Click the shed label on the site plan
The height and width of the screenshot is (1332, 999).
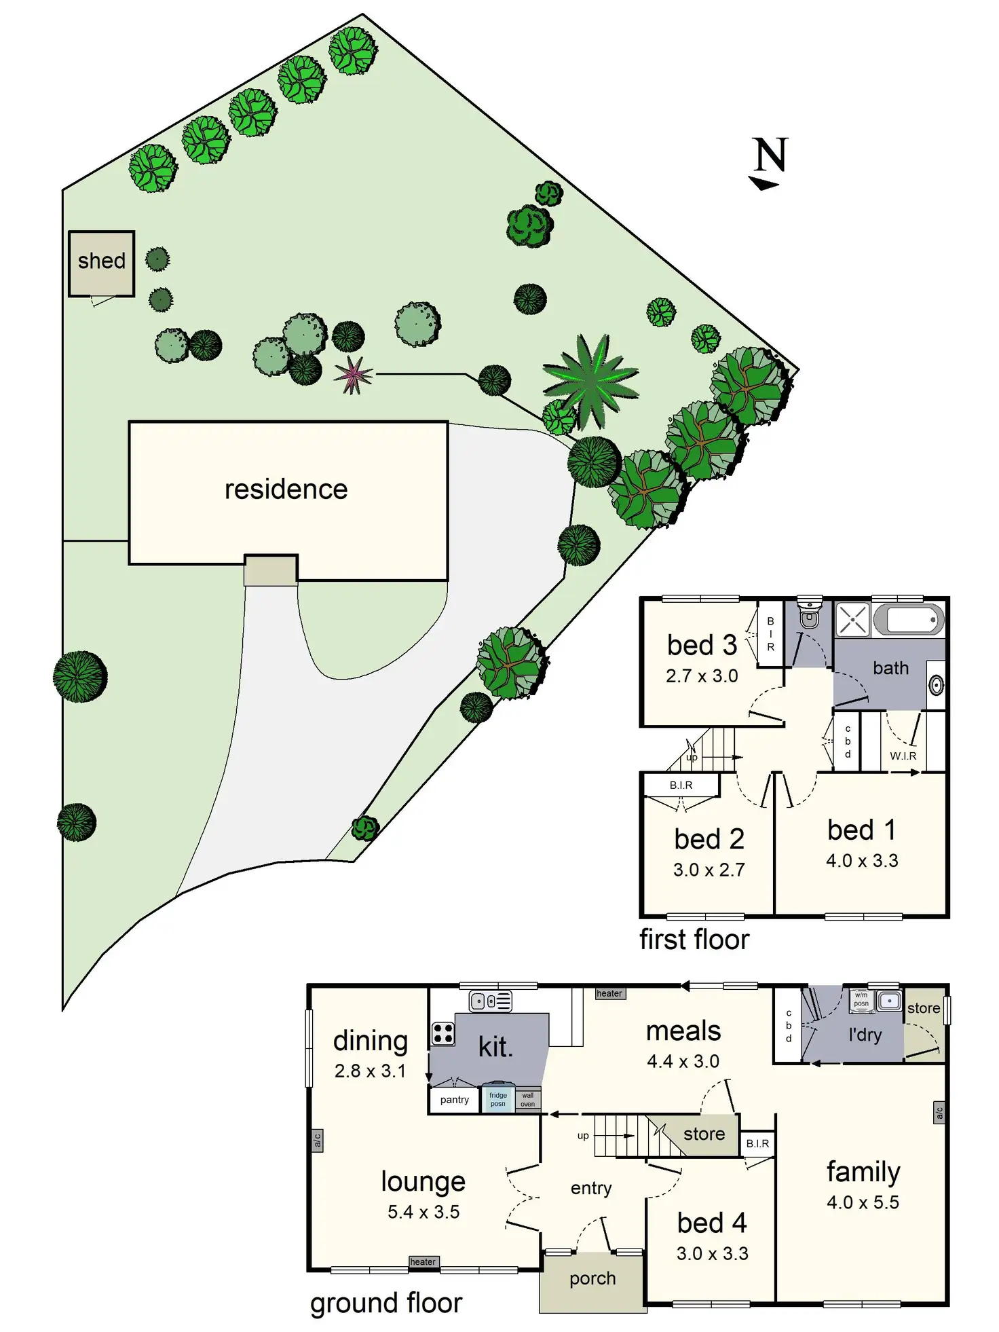point(102,261)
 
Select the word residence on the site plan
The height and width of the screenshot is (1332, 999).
point(286,489)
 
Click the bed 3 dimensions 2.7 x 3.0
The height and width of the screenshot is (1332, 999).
point(702,676)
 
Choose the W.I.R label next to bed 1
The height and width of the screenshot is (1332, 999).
point(903,756)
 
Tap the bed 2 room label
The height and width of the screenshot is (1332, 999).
point(709,839)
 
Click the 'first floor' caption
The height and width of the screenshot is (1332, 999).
point(694,940)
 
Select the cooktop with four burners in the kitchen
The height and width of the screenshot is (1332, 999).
point(442,1034)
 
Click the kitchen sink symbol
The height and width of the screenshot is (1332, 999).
point(490,1001)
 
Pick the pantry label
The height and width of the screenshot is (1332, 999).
point(454,1100)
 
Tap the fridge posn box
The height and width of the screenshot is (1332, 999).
point(497,1099)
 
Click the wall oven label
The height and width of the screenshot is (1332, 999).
point(527,1100)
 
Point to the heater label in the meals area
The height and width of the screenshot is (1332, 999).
point(609,993)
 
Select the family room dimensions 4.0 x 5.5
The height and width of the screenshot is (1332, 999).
point(863,1202)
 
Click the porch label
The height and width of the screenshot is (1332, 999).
point(592,1279)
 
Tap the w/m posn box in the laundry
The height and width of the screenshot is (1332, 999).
point(861,1000)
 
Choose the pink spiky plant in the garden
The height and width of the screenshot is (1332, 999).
point(353,374)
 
